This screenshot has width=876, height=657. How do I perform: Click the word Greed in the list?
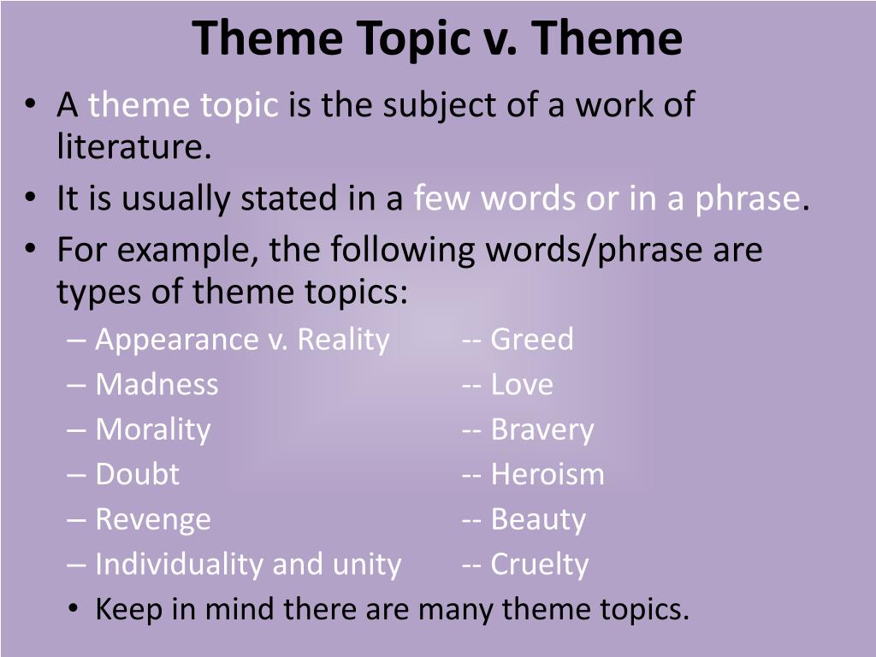tap(531, 340)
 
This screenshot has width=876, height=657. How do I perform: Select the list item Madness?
tap(157, 384)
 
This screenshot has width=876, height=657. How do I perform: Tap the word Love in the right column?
tap(521, 384)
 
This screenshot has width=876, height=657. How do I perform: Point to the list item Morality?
tap(152, 429)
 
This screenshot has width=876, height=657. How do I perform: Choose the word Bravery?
tap(542, 429)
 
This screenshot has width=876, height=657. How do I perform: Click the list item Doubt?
tap(137, 474)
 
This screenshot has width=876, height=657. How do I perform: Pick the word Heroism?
tap(547, 474)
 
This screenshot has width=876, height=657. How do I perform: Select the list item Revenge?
tap(152, 519)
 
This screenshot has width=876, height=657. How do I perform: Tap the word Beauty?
tap(538, 519)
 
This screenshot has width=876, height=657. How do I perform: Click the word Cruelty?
tap(539, 565)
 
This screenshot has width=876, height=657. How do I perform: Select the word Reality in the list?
tap(343, 340)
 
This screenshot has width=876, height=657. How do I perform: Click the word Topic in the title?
tap(402, 38)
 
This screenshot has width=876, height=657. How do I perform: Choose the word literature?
tap(133, 148)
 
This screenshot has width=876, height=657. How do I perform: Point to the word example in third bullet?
tap(191, 250)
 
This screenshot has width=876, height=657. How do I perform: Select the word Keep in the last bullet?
tap(125, 609)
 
